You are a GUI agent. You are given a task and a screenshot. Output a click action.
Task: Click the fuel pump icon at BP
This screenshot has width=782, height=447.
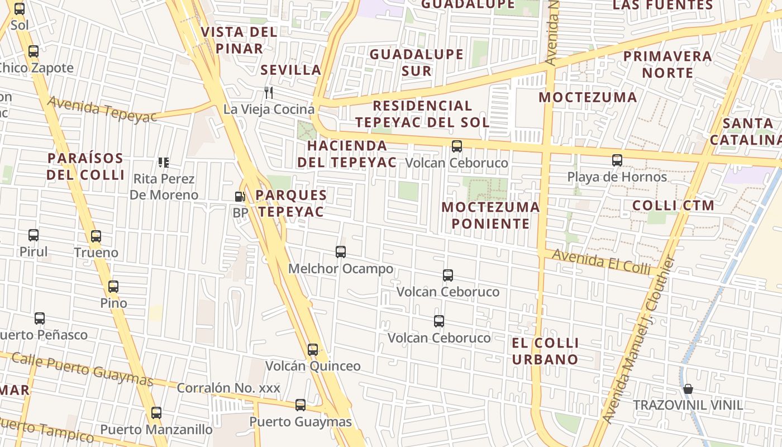240,196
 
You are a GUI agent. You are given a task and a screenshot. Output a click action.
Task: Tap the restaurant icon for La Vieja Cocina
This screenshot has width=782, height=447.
269,92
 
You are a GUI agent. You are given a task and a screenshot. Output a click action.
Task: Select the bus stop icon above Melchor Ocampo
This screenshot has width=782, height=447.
341,252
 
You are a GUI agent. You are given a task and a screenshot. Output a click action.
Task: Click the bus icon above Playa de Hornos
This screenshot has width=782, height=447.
617,160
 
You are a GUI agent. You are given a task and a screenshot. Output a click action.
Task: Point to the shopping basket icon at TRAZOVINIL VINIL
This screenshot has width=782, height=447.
688,388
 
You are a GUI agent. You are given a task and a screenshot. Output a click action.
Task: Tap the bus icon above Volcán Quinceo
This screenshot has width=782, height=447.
313,350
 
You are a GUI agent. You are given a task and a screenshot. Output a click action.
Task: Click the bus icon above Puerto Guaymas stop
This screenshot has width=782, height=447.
301,405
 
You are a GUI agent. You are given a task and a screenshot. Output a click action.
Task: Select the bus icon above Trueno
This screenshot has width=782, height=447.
96,236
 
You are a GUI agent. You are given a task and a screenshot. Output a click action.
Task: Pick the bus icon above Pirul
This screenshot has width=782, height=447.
34,235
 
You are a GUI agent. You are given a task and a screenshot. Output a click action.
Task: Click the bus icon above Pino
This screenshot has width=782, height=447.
113,287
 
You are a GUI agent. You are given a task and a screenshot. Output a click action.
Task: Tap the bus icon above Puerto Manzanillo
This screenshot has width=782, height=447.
156,413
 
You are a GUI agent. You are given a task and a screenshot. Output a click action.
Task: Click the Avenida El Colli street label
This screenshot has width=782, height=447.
602,261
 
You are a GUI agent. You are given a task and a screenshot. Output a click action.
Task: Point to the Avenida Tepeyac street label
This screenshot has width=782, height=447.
102,110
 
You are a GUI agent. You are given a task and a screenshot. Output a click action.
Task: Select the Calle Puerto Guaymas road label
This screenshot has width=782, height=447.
82,369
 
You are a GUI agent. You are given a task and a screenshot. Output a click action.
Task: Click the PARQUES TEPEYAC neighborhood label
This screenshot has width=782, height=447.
291,203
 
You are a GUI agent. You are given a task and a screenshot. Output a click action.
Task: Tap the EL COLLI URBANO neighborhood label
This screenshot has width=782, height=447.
545,351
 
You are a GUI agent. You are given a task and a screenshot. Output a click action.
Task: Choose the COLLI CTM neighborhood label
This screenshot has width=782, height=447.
673,205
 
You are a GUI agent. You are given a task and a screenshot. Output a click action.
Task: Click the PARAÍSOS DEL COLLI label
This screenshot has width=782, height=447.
85,166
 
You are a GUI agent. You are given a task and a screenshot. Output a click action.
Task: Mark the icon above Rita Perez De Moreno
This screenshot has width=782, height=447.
164,163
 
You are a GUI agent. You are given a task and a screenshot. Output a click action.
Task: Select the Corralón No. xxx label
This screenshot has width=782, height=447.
228,388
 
